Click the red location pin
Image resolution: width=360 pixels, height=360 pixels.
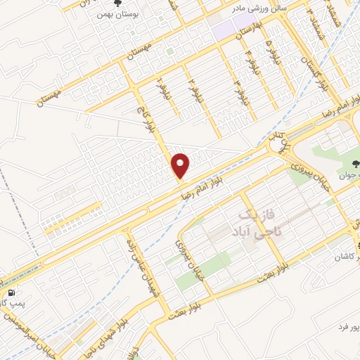181,165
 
